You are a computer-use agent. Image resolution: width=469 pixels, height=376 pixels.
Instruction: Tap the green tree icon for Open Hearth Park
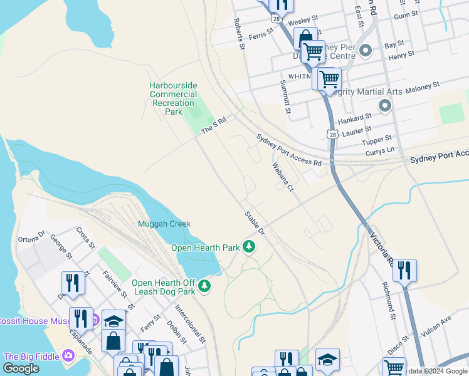coord(250,247)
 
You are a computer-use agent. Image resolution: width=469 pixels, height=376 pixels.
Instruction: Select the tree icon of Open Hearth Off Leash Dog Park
coord(204,286)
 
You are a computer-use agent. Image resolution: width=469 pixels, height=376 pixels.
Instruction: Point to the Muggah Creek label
coord(164,224)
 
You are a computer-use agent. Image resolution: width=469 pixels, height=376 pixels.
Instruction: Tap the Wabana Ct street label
coord(283,177)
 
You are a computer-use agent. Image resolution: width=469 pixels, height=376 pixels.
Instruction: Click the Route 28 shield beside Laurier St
coord(332,134)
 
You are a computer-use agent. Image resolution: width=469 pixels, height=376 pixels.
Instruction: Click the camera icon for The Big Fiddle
coord(68,356)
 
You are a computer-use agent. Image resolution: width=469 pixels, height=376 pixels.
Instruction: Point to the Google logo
coord(21,368)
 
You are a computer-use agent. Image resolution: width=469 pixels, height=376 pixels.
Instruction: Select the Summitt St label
coord(285,97)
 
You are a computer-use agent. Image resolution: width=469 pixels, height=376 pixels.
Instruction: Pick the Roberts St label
coord(238,33)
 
